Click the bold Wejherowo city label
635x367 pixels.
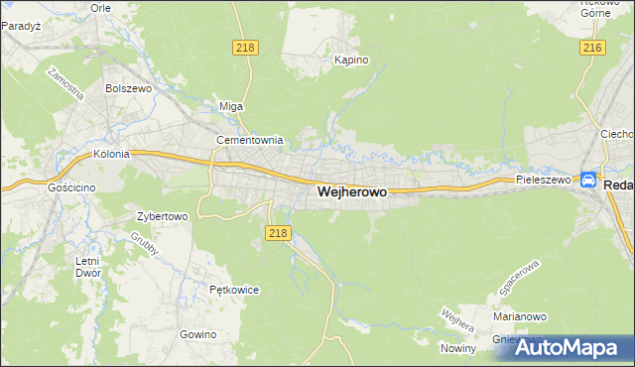[352, 193]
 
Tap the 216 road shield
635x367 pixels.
[593, 48]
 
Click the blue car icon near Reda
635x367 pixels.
[588, 181]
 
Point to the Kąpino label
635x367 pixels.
[351, 60]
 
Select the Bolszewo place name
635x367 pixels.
[127, 88]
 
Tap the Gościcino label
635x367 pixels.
[70, 185]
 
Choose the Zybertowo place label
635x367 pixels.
[162, 215]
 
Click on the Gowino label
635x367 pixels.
[198, 334]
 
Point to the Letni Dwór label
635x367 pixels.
[87, 267]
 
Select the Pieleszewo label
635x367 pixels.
[544, 181]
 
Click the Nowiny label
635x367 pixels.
[459, 347]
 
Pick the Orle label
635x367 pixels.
[100, 7]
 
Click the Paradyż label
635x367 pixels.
[21, 27]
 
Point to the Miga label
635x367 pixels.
[230, 106]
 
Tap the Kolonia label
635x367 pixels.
[112, 155]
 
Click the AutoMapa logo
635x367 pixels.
[571, 346]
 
